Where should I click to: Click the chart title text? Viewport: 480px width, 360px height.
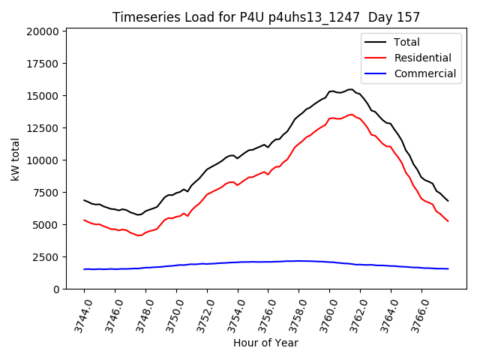click(x=266, y=17)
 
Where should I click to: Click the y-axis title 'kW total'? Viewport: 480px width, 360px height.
click(x=16, y=159)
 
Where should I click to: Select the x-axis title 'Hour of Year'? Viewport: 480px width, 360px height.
click(x=265, y=343)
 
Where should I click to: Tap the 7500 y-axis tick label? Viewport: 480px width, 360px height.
click(x=46, y=193)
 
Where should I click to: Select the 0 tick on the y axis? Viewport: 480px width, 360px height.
click(x=56, y=289)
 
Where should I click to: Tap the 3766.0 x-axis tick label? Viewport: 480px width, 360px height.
click(x=413, y=314)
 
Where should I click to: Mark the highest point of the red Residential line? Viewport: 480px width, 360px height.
click(x=351, y=115)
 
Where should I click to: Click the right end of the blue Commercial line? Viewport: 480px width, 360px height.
click(x=448, y=268)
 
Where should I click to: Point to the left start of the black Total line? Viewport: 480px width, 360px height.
click(x=84, y=200)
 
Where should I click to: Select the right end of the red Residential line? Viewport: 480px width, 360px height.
click(x=448, y=221)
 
